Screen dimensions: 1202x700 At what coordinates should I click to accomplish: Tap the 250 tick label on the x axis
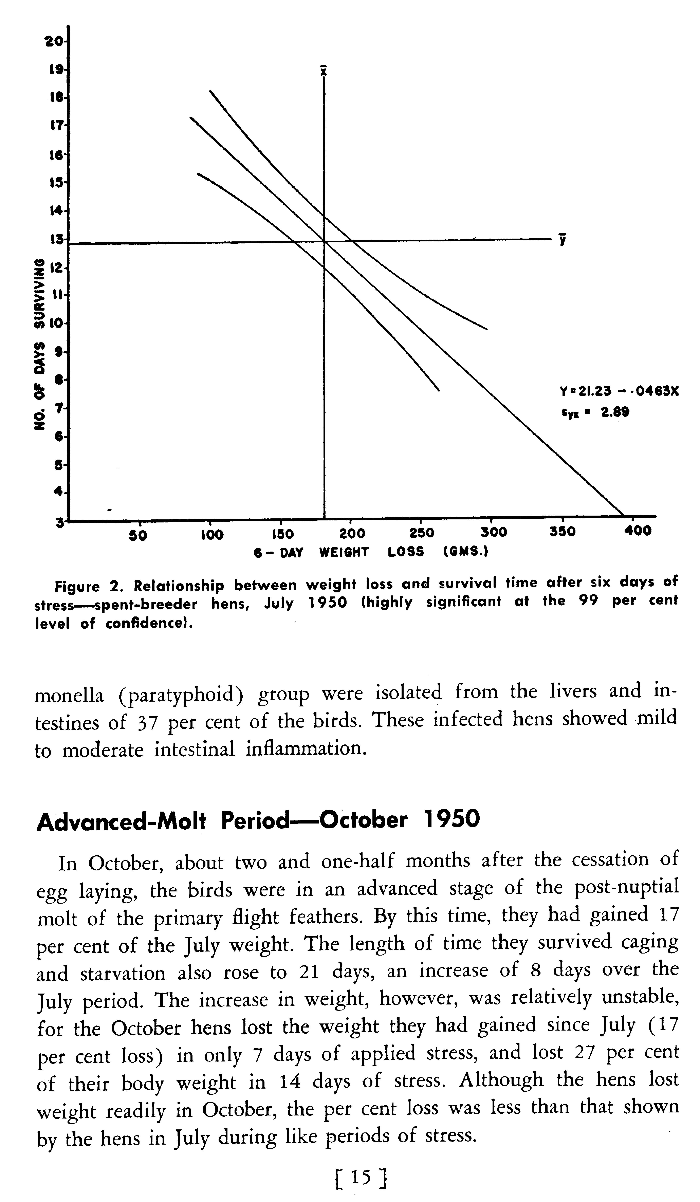422,533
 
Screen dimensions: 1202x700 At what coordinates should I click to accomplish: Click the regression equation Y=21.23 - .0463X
618,391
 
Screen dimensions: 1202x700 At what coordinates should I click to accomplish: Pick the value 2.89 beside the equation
615,412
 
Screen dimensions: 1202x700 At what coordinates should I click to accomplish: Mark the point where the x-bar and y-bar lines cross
324,241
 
